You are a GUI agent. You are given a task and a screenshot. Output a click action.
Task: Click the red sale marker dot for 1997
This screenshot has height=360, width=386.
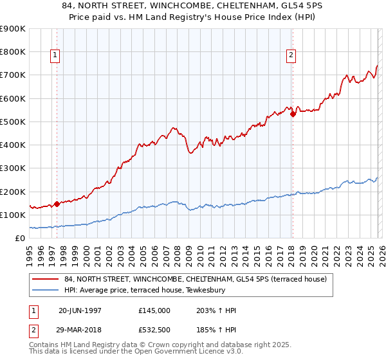point(57,204)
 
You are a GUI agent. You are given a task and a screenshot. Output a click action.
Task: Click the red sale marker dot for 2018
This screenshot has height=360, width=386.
point(293,114)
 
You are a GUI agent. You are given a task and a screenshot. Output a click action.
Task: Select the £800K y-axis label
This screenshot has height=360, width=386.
point(13,52)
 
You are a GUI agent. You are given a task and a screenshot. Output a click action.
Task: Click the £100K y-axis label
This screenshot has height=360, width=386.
point(13,215)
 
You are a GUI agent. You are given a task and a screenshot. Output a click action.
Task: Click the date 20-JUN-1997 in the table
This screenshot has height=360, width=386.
point(80,310)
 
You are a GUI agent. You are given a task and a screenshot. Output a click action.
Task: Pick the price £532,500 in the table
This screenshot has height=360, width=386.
point(154,330)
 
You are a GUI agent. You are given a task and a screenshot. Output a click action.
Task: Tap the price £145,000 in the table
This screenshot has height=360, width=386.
point(154,310)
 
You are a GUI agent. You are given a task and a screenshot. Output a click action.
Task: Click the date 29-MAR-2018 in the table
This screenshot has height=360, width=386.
point(80,330)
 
